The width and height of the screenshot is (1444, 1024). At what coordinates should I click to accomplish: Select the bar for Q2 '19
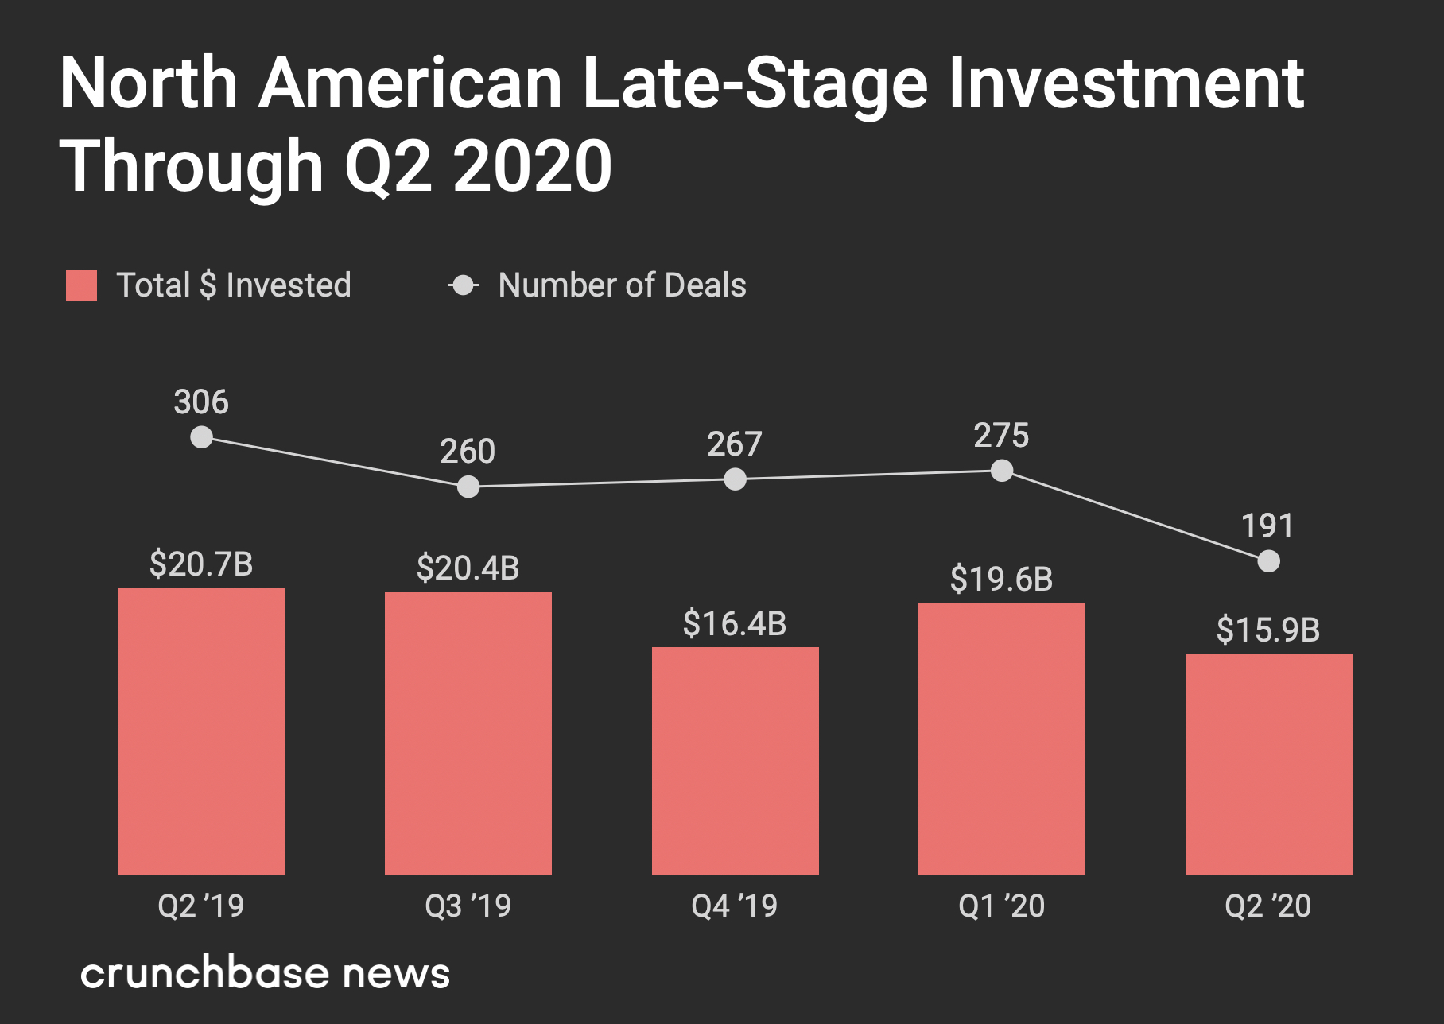201,731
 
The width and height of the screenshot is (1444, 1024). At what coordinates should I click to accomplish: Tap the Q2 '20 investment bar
1268,764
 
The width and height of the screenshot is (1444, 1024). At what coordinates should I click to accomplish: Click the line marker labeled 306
202,437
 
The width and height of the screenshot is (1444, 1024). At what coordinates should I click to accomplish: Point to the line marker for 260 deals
468,487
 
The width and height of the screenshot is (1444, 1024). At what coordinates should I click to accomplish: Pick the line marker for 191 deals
1269,561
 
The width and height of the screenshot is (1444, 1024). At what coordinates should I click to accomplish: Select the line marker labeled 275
1002,471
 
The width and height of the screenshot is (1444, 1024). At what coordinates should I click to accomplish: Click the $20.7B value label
201,564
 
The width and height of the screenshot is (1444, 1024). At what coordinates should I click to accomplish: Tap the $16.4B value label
735,624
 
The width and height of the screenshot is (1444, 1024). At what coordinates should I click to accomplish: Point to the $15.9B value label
1268,630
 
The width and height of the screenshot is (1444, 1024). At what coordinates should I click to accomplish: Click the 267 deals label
735,444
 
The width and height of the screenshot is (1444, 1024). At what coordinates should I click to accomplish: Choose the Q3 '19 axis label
468,906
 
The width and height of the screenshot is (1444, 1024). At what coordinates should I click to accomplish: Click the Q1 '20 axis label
1002,906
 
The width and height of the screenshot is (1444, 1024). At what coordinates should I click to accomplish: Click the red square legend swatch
81,285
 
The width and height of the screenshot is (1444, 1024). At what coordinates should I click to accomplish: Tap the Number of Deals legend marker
463,285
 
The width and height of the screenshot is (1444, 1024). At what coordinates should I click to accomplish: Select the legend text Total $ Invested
234,285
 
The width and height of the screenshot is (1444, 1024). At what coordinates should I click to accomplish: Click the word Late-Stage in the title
755,83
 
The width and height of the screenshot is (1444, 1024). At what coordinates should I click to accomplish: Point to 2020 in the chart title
533,165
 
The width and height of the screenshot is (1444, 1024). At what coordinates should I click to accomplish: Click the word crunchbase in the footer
205,973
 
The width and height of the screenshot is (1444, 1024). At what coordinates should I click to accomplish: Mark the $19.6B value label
1002,580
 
